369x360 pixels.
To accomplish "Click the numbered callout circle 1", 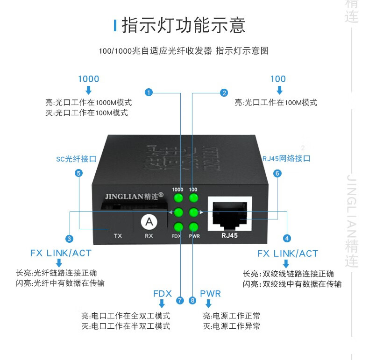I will tap(149, 92).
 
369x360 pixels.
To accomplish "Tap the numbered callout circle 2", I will tap(224, 92).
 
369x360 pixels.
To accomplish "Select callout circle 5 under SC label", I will tap(78, 173).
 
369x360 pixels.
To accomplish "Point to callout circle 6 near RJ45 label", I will tap(277, 173).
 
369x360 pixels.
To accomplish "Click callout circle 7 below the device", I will tap(180, 300).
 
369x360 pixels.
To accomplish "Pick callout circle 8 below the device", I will tap(192, 300).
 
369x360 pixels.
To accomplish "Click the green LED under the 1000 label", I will tap(178, 198).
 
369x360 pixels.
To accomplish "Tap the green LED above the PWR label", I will tap(193, 227).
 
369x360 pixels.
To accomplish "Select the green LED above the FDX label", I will tap(178, 227).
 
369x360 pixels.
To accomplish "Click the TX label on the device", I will tap(118, 236).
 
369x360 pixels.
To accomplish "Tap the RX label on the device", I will tap(149, 236).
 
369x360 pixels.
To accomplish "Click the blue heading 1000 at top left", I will tap(89, 79).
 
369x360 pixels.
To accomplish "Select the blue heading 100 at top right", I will tap(278, 79).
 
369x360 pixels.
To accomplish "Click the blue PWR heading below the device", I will tap(210, 294).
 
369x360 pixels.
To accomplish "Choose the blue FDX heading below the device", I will tap(163, 294).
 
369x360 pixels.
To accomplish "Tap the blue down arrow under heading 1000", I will tap(89, 90).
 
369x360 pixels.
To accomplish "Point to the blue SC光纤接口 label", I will tap(76, 159).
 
